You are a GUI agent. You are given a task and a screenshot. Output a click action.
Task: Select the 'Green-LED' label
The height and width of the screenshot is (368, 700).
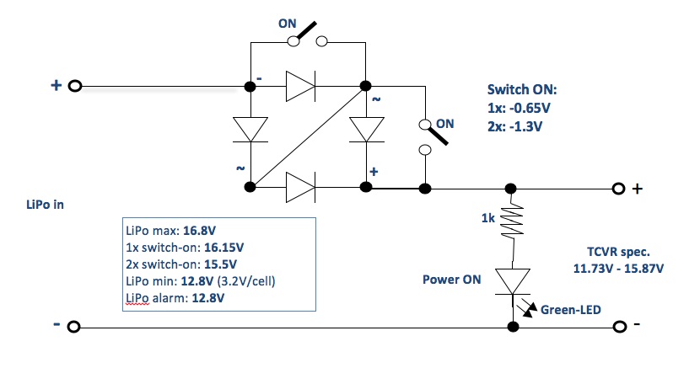[x=569, y=308]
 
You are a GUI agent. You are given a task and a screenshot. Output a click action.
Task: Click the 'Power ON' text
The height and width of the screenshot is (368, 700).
[x=451, y=280]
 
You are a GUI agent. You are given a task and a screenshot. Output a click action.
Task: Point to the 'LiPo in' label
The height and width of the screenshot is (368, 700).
[x=46, y=206]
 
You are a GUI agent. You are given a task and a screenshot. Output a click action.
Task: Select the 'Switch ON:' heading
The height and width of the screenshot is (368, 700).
[x=523, y=91]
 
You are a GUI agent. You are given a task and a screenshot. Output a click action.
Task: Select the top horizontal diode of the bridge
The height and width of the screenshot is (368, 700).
[x=302, y=86]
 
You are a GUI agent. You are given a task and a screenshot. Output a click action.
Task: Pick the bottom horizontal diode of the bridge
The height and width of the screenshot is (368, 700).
[x=302, y=187]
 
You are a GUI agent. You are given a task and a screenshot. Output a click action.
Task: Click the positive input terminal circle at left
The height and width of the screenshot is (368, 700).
[x=74, y=86]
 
